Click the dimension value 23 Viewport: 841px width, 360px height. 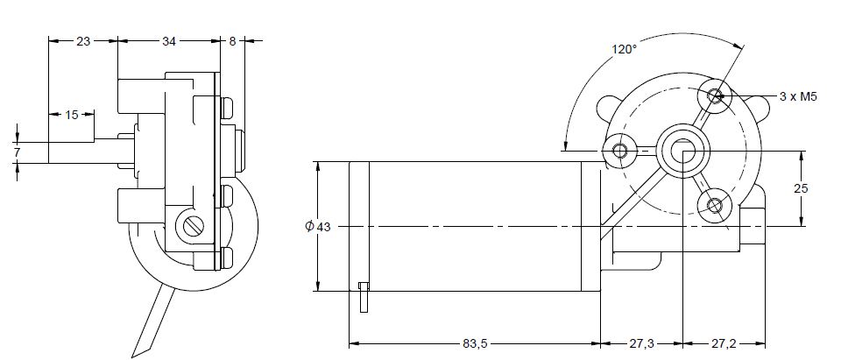pyautogui.click(x=83, y=40)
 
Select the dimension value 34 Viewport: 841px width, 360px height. pyautogui.click(x=168, y=40)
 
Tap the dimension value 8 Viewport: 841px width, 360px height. pyautogui.click(x=232, y=40)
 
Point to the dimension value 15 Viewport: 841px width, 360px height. pyautogui.click(x=72, y=115)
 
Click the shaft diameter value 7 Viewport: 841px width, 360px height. pyautogui.click(x=17, y=152)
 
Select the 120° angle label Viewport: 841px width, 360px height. pyautogui.click(x=624, y=50)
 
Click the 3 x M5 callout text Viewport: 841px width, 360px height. pyautogui.click(x=797, y=96)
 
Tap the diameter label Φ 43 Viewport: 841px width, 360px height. pyautogui.click(x=318, y=227)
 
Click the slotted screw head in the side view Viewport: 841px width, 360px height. pyautogui.click(x=194, y=226)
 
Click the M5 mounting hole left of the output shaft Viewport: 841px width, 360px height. pyautogui.click(x=621, y=151)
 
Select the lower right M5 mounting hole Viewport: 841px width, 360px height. pyautogui.click(x=715, y=206)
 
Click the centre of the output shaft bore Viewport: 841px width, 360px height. pyautogui.click(x=683, y=151)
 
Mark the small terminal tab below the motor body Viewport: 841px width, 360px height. pyautogui.click(x=364, y=297)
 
